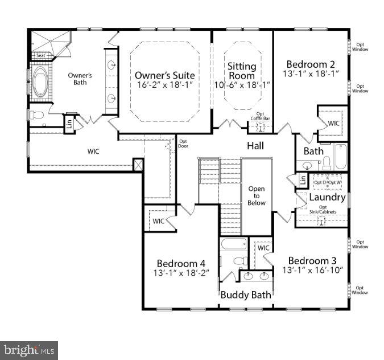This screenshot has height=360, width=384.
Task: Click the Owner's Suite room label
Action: coord(164,75)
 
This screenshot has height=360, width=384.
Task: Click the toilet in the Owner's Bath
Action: coord(37,115)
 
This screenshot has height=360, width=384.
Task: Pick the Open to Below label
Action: coord(256,195)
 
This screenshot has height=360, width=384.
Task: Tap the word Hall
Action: coord(255,146)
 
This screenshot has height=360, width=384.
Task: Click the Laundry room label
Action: coord(327,197)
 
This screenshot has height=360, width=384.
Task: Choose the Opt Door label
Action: coord(183,144)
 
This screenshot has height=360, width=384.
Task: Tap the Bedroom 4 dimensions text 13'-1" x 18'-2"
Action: coord(181,273)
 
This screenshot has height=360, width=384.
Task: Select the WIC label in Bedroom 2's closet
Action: coord(334,123)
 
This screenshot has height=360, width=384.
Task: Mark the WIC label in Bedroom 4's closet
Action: coord(158,221)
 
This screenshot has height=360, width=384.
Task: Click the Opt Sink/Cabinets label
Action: coord(323,210)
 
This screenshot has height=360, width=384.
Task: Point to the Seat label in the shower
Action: coord(40,56)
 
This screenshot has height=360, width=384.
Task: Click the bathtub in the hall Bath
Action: coord(340,156)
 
